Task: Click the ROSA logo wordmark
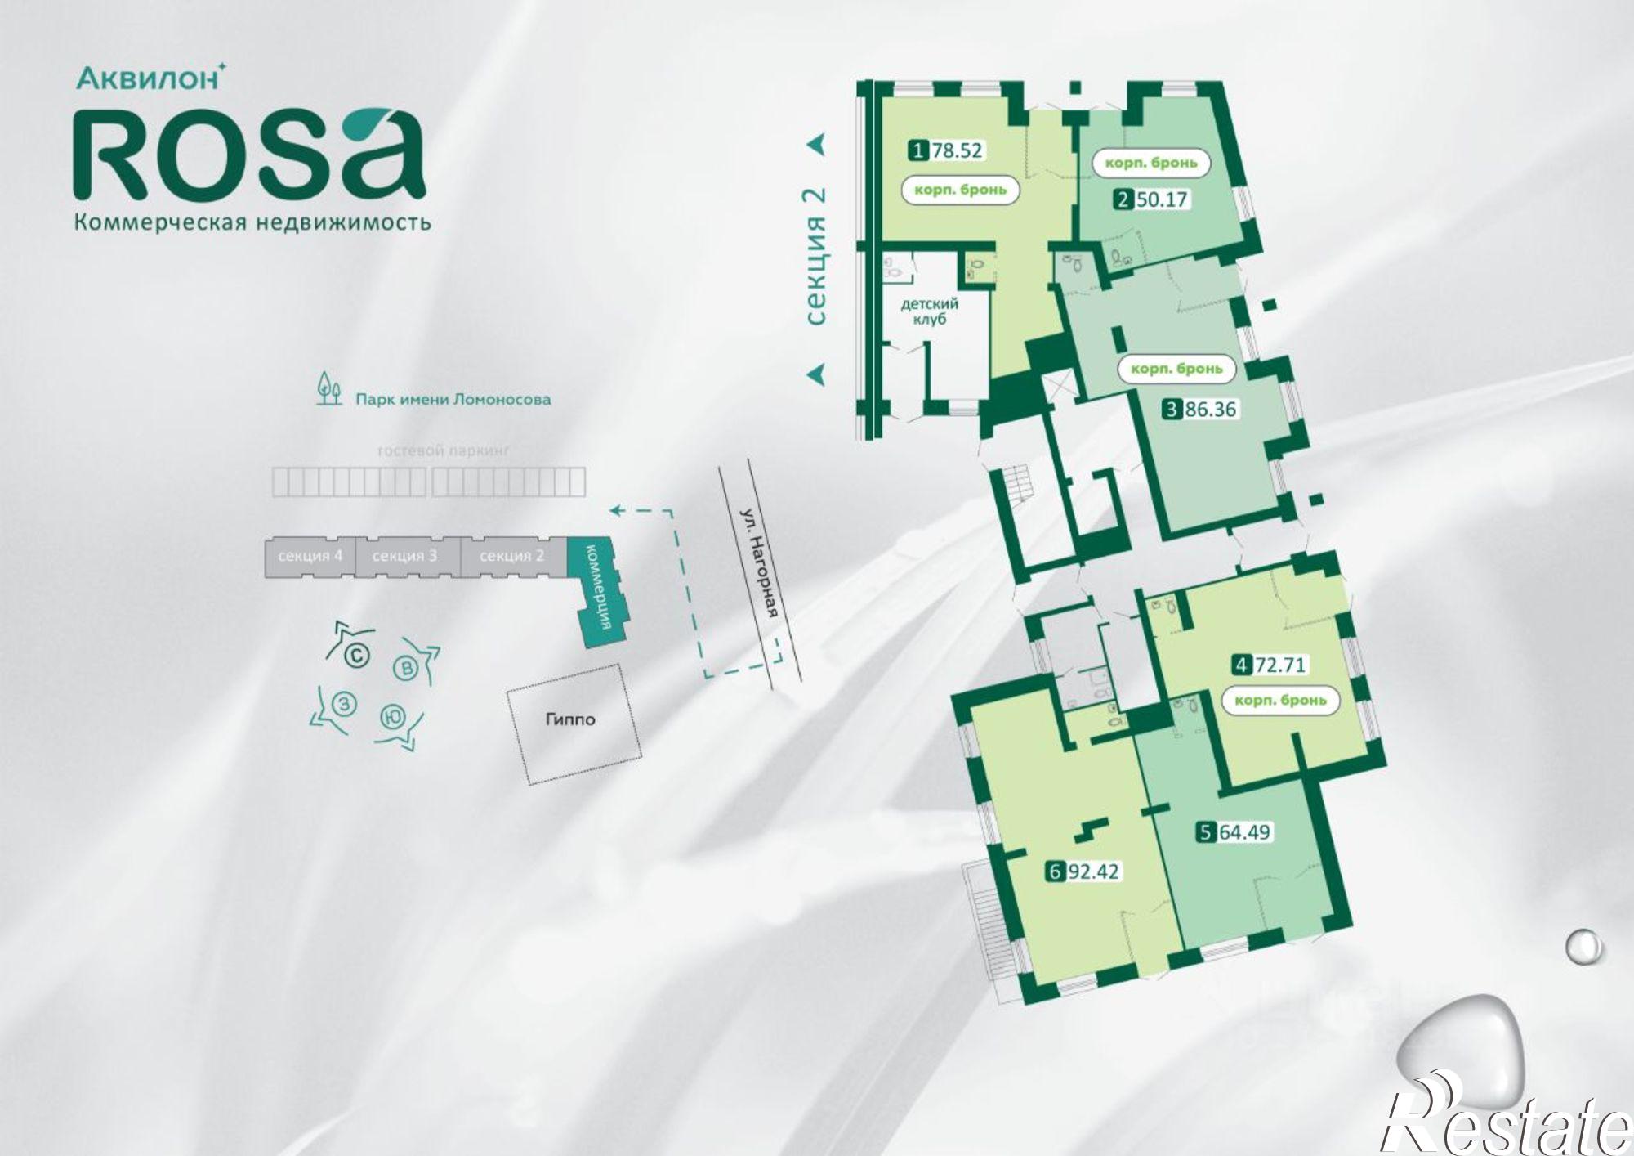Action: click(x=249, y=155)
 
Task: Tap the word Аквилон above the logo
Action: click(x=148, y=78)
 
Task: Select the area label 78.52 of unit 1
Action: click(x=957, y=150)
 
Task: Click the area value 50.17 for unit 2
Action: click(x=1161, y=199)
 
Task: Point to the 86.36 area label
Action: click(x=1211, y=409)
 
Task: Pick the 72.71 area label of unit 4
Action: click(x=1280, y=665)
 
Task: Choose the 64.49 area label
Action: click(x=1244, y=832)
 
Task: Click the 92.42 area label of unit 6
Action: click(x=1093, y=871)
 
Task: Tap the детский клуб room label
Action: click(x=929, y=311)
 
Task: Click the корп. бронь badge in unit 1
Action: click(x=960, y=190)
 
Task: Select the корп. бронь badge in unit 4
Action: click(x=1280, y=701)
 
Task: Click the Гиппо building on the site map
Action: click(x=570, y=720)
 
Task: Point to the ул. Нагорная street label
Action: click(x=760, y=563)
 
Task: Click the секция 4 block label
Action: click(x=310, y=557)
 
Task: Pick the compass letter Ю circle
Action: click(x=393, y=718)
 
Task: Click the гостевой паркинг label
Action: click(x=443, y=450)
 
